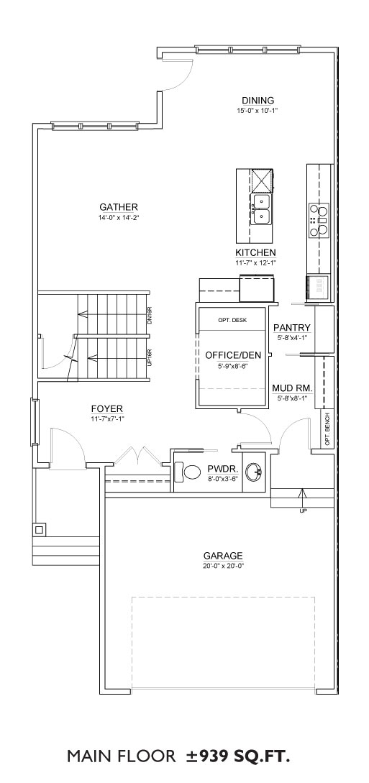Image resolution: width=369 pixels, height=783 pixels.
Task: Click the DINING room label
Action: click(258, 101)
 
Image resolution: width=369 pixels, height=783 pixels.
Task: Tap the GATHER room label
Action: click(119, 207)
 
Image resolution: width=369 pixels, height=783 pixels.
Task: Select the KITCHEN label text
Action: click(255, 252)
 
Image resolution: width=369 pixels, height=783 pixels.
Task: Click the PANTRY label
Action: click(292, 328)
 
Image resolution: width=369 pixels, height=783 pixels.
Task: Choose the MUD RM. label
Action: click(293, 388)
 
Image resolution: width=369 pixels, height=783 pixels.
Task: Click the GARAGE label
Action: click(223, 555)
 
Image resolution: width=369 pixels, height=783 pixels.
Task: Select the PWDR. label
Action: click(223, 470)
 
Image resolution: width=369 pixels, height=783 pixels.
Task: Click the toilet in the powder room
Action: click(186, 471)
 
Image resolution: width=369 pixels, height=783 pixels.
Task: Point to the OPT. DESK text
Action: click(232, 320)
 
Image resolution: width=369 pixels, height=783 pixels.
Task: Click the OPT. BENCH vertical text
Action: click(327, 429)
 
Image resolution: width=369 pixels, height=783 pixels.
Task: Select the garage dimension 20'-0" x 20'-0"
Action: click(223, 566)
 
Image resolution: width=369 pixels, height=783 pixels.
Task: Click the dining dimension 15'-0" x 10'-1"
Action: click(258, 110)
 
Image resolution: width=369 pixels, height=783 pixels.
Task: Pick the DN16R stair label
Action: click(150, 316)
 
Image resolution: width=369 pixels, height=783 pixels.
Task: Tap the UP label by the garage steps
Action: click(303, 510)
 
